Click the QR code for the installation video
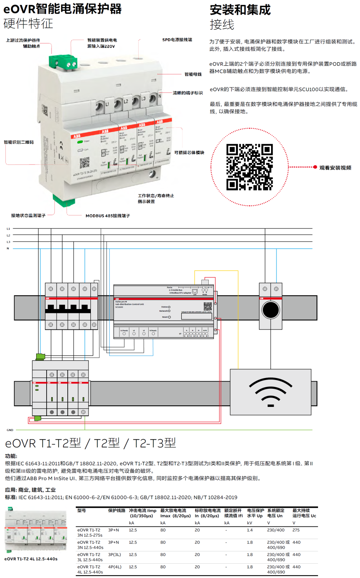click(249, 167)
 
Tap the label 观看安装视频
click(335, 168)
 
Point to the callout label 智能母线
click(193, 74)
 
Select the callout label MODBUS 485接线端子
click(108, 216)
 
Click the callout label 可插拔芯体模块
click(189, 153)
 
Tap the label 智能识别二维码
click(19, 142)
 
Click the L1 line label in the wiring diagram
click(8, 229)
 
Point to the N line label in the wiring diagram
click(8, 249)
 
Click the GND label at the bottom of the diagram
click(10, 430)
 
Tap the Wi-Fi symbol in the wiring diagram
click(271, 392)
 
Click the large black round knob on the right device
click(271, 310)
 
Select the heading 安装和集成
click(240, 10)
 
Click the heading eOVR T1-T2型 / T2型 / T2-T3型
click(90, 443)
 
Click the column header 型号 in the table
click(82, 511)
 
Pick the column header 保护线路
click(117, 511)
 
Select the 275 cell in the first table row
click(296, 530)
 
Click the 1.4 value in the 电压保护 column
click(250, 530)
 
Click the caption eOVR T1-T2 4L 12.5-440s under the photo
click(31, 559)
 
